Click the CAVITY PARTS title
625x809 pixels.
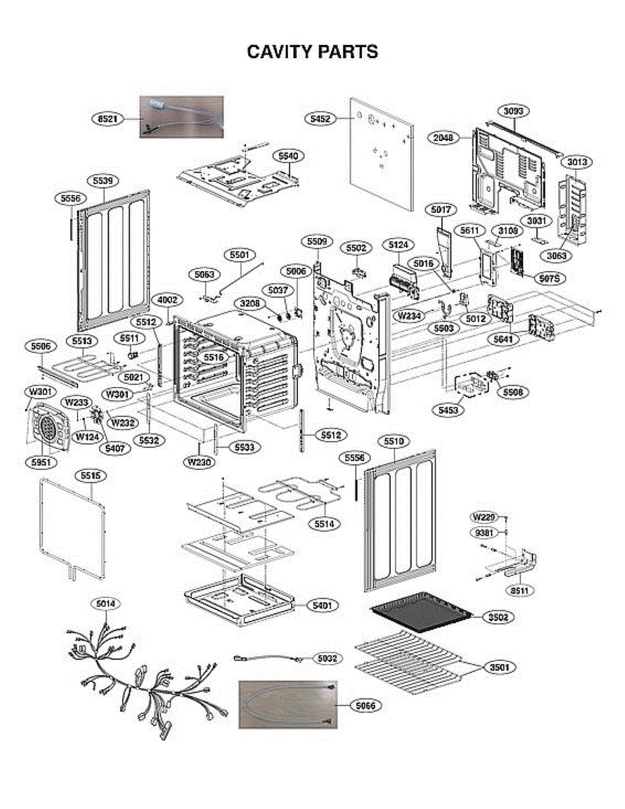click(x=312, y=52)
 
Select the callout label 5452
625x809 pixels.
click(x=321, y=119)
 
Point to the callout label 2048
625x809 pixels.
click(x=444, y=138)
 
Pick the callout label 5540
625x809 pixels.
click(x=288, y=156)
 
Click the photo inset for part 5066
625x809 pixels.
click(x=288, y=704)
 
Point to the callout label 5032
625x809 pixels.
click(x=328, y=657)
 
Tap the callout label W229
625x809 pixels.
click(x=484, y=517)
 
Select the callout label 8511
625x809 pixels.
click(x=518, y=591)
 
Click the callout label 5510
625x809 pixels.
click(x=394, y=441)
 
